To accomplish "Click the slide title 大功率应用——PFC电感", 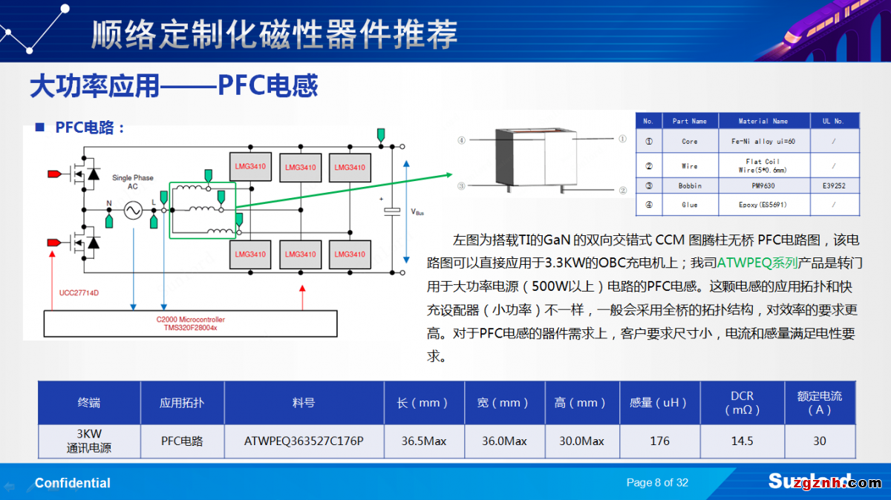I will pos(174,86).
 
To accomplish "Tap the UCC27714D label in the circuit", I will pos(79,293).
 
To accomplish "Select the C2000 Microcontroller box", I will pos(191,323).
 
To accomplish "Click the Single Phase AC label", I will pos(133,182).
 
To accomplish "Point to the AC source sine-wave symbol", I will pos(134,212).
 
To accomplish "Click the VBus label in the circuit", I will pos(417,211).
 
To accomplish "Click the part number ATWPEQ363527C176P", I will pos(304,441).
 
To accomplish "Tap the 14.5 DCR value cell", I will pos(742,441).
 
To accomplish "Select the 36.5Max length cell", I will pos(424,441).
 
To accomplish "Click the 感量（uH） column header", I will pos(659,403).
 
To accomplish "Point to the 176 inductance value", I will pos(659,441).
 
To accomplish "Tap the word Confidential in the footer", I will pos(73,483).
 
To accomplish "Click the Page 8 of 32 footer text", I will pos(657,483).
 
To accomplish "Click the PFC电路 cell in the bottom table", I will pos(182,441).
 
